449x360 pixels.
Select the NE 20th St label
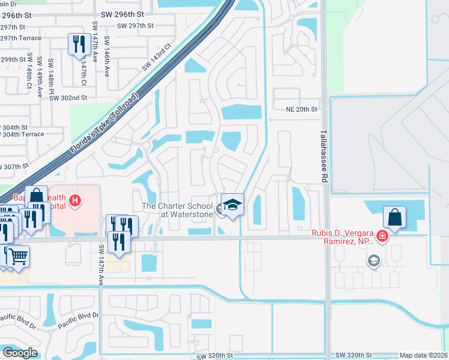(301, 109)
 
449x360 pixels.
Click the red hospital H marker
(75, 200)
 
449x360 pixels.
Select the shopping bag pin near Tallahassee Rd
(395, 217)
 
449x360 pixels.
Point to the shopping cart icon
(18, 256)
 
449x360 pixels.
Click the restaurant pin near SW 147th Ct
(79, 44)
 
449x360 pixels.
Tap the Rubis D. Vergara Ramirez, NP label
(342, 238)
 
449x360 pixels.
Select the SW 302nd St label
(68, 97)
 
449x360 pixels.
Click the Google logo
(20, 353)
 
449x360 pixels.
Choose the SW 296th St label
(123, 13)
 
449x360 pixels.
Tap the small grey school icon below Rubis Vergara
(373, 260)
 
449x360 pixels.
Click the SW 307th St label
(13, 166)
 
